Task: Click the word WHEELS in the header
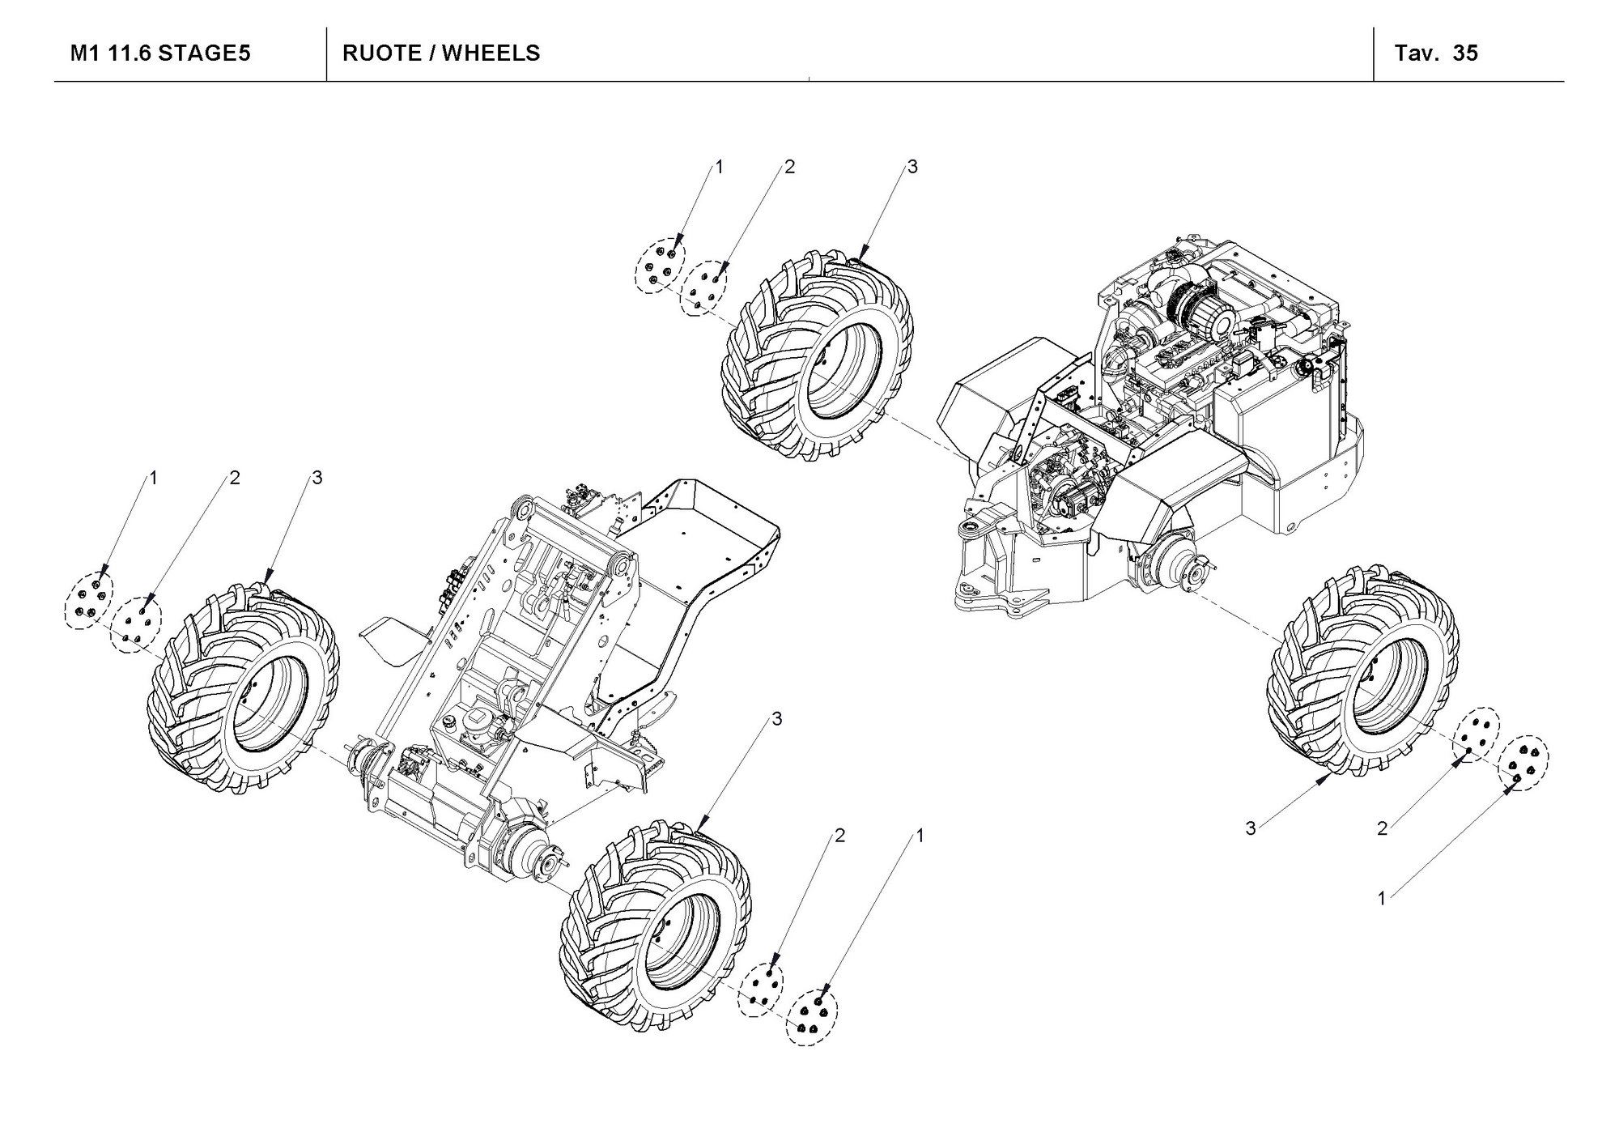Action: (x=491, y=53)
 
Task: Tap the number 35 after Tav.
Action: (x=1465, y=53)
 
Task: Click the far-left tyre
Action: (x=243, y=688)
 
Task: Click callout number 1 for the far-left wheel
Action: (x=153, y=479)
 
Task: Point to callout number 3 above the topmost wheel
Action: (x=912, y=168)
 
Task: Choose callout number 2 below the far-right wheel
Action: (x=1382, y=828)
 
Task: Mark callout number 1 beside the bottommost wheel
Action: (x=918, y=835)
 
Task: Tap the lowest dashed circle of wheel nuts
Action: (x=812, y=1017)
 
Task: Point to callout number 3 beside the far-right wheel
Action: (x=1251, y=828)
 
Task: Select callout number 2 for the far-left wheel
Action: (x=235, y=479)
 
